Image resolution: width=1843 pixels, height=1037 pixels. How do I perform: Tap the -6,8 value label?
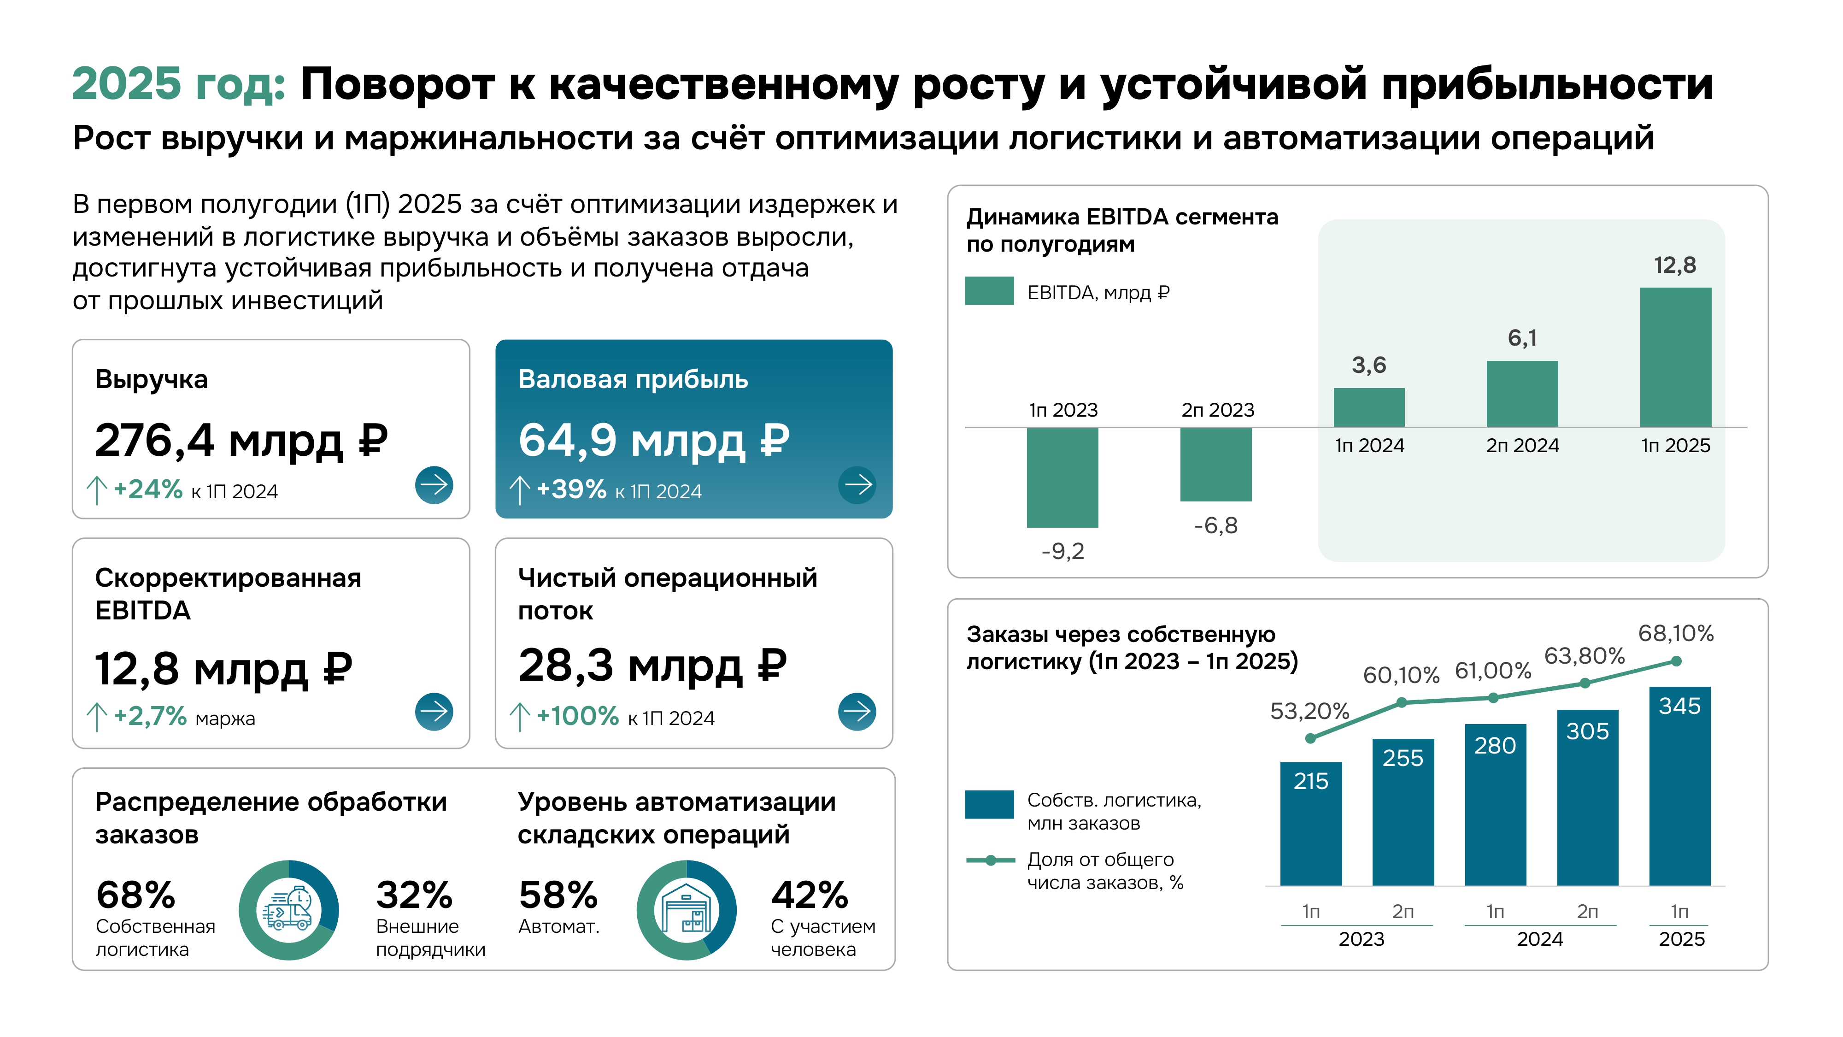pyautogui.click(x=1215, y=526)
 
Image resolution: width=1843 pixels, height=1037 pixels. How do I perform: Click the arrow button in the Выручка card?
pyautogui.click(x=434, y=485)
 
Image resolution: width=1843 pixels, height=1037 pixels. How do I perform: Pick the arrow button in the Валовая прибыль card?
pyautogui.click(x=857, y=485)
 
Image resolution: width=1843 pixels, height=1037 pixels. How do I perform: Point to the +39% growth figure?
pyautogui.click(x=571, y=489)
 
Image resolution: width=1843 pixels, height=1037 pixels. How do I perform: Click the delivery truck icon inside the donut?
pyautogui.click(x=288, y=910)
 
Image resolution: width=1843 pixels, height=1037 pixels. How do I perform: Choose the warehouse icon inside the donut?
pyautogui.click(x=686, y=910)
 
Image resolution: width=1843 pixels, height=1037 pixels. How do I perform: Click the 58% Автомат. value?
pyautogui.click(x=558, y=896)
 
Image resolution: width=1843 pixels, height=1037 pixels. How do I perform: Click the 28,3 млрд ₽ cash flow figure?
pyautogui.click(x=652, y=666)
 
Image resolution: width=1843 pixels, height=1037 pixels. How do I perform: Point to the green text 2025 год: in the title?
pyautogui.click(x=179, y=84)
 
